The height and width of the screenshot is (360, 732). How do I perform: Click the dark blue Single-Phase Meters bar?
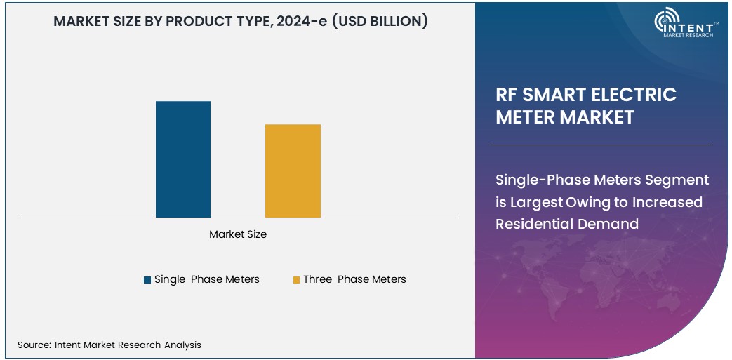click(182, 159)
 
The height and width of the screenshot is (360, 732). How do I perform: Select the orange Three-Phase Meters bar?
click(293, 171)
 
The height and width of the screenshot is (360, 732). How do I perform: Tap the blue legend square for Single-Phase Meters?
click(147, 280)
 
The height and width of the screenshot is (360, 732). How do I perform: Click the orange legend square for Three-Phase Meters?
click(296, 280)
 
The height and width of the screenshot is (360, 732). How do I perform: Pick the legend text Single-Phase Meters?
click(206, 279)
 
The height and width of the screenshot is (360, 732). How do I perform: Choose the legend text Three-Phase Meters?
click(354, 279)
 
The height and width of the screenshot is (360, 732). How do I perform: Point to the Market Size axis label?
click(238, 234)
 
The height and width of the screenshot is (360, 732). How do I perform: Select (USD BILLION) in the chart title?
click(379, 21)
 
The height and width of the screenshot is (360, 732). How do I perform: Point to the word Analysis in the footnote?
click(182, 345)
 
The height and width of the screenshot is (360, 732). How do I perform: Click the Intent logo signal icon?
click(665, 21)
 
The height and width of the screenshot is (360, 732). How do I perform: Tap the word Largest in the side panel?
click(535, 202)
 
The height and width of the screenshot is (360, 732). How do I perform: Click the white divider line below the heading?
click(600, 145)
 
